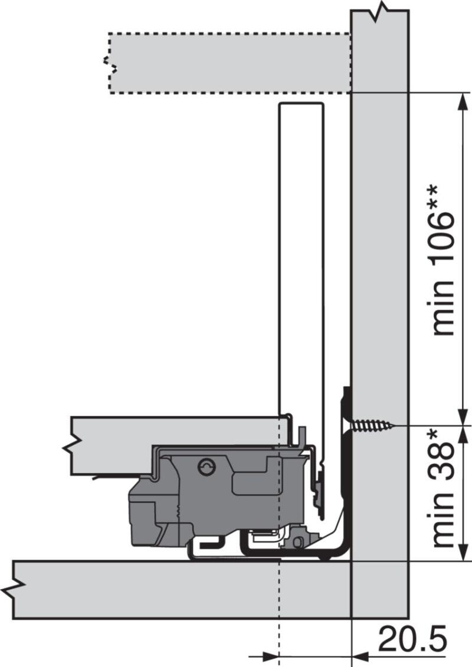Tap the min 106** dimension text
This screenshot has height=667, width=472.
coord(442,260)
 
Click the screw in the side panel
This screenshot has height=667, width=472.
coord(373,425)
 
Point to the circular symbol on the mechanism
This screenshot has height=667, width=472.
coord(207,466)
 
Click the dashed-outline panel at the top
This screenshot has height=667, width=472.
coord(230,63)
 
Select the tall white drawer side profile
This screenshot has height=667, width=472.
coord(301,264)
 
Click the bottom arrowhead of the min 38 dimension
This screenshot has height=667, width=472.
coord(463,553)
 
